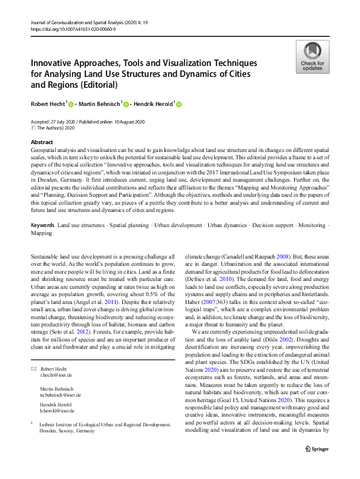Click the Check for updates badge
click(x=312, y=56)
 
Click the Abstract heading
click(x=41, y=142)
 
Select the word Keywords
click(x=42, y=225)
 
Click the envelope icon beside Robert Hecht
click(x=33, y=369)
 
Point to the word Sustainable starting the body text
click(x=48, y=256)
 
